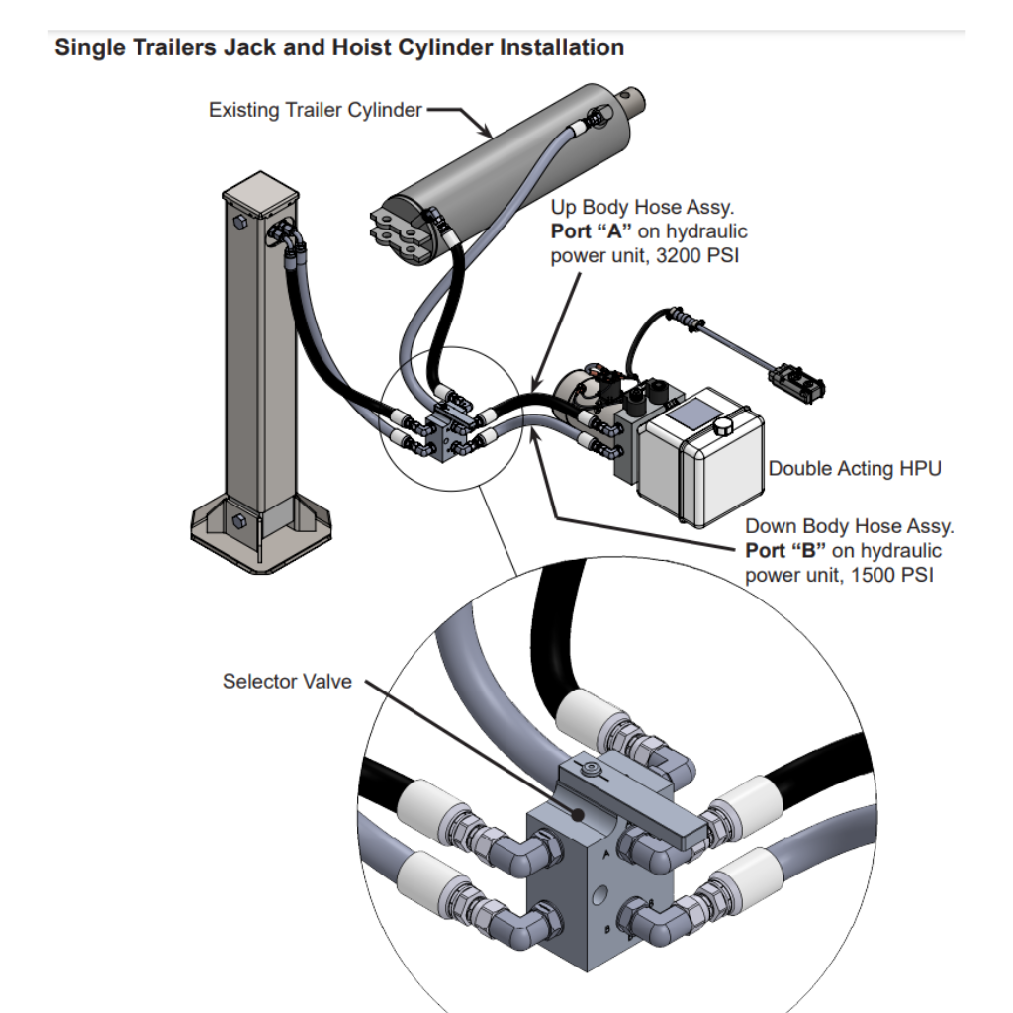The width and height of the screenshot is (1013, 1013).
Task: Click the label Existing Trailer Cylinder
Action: coord(316,110)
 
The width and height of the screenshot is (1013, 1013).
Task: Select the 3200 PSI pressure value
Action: coord(697,256)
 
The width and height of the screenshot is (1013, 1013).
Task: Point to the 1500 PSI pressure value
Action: coord(892,575)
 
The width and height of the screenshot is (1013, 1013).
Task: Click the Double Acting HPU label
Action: coord(855,468)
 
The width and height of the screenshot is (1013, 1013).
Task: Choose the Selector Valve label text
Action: coord(287,681)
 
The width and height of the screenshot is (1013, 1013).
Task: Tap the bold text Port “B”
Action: coord(785,550)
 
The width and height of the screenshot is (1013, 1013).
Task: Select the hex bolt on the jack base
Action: coord(238,521)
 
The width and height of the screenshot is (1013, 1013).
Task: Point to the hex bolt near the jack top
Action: coord(238,222)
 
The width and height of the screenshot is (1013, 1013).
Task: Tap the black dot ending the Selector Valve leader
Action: coord(578,815)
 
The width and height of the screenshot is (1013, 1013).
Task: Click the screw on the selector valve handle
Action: coord(590,769)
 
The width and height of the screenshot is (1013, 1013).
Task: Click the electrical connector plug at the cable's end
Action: coord(797,381)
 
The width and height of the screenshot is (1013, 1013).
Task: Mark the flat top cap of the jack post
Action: coord(260,193)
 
